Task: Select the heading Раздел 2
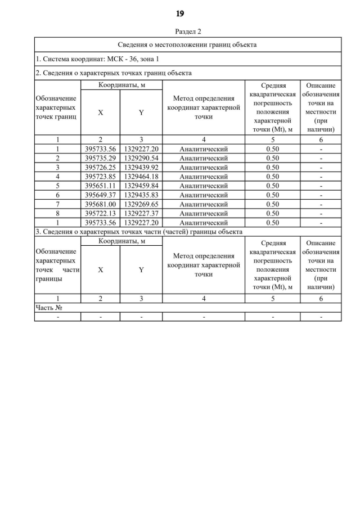point(188,31)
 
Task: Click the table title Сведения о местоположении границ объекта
point(188,44)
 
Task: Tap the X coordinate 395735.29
point(100,158)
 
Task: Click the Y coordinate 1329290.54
point(141,158)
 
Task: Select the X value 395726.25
point(100,167)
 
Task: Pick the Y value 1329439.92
point(141,167)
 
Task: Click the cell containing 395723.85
point(100,177)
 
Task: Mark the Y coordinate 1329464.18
point(141,177)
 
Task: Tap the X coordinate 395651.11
point(100,186)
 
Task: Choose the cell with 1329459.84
point(141,186)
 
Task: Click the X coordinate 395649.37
point(100,195)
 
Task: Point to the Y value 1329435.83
point(141,195)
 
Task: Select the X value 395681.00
point(100,204)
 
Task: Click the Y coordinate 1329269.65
point(141,204)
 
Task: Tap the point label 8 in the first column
point(57,213)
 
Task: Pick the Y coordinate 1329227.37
point(141,213)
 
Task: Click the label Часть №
point(48,308)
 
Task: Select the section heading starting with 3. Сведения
point(139,231)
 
